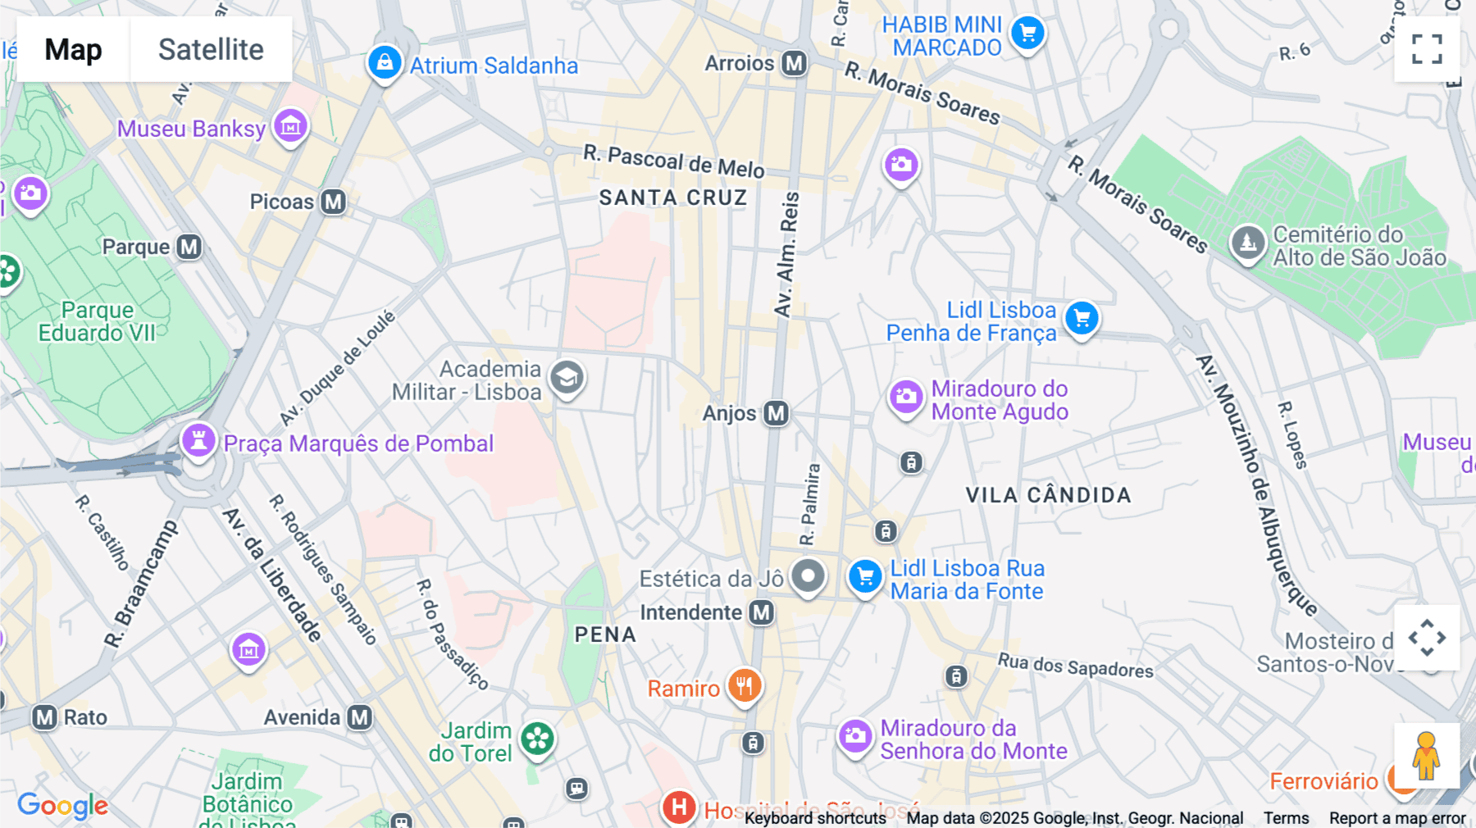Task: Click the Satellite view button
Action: point(211,49)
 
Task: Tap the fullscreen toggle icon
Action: point(1427,49)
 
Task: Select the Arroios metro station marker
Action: point(794,63)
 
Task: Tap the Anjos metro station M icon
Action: point(776,413)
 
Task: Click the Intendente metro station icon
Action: point(762,612)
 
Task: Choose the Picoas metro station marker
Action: point(333,202)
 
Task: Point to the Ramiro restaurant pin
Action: point(745,685)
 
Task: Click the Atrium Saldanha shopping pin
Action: point(385,62)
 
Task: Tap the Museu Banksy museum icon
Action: point(290,126)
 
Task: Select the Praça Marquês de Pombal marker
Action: point(198,440)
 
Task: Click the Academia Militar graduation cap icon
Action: point(567,378)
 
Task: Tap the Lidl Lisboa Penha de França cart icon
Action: point(1082,318)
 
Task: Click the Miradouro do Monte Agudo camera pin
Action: point(906,398)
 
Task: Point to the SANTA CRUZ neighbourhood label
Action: point(672,198)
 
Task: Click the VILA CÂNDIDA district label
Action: point(1048,495)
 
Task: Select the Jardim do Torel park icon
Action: point(538,739)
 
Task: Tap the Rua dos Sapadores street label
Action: point(1075,666)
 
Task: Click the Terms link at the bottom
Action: point(1286,817)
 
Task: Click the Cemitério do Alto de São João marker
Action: point(1248,242)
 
